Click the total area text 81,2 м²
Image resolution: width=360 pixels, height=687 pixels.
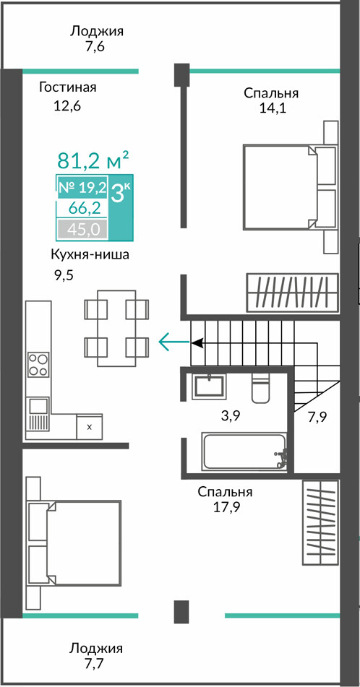[x=93, y=160]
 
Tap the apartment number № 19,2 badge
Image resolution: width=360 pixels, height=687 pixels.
[x=82, y=188]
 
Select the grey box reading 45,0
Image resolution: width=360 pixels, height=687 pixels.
[x=82, y=228]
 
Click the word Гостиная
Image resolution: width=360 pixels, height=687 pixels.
[x=67, y=87]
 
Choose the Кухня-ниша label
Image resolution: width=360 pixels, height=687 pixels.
[x=90, y=255]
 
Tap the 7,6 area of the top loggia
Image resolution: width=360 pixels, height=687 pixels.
[x=95, y=47]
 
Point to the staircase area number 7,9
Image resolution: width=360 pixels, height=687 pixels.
[x=318, y=417]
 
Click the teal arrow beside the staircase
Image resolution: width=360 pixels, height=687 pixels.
[x=174, y=342]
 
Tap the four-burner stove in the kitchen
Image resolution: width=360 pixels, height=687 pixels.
[x=38, y=365]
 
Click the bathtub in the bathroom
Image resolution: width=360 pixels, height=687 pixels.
[x=244, y=451]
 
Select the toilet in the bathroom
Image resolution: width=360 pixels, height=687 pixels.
[x=262, y=388]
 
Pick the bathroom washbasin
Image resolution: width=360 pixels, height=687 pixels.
[x=209, y=386]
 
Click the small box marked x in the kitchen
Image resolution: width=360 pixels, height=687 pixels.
[x=89, y=427]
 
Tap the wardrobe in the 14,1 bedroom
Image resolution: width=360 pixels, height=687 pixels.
[x=293, y=293]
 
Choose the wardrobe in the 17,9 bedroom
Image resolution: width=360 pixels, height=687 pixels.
[x=320, y=522]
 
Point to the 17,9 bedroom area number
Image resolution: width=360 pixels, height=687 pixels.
[x=225, y=507]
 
